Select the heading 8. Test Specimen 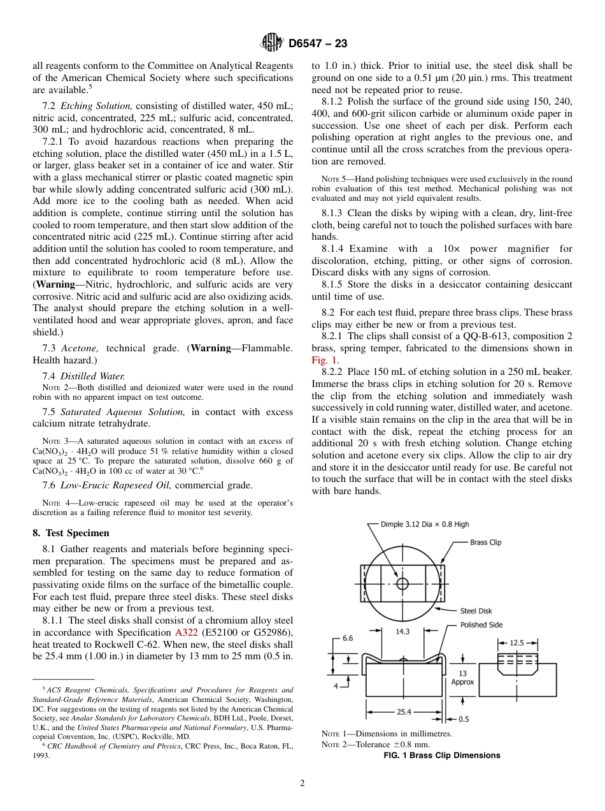point(71,533)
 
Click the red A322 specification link point(185,632)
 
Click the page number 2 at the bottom point(302,784)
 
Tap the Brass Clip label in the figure point(485,543)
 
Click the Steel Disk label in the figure point(476,611)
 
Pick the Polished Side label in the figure point(481,625)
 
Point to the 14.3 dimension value point(402,632)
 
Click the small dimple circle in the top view point(402,583)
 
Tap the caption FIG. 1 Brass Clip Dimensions point(441,756)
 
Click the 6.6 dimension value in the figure point(348,638)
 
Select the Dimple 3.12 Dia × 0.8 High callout point(425,524)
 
